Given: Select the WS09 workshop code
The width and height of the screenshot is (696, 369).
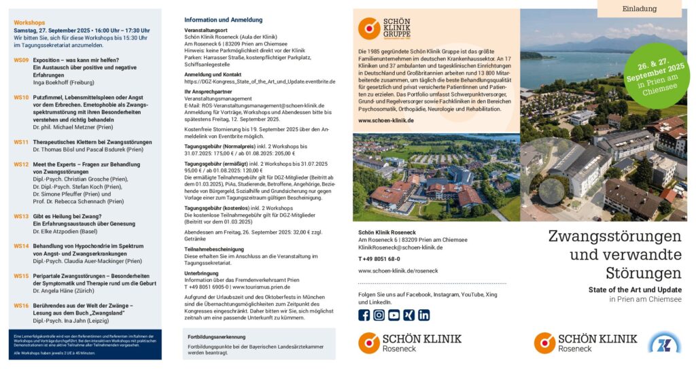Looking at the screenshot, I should (x=21, y=60).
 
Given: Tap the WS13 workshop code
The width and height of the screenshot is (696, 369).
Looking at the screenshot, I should (x=21, y=216).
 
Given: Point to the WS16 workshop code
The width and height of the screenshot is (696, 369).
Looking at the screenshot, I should (x=21, y=306).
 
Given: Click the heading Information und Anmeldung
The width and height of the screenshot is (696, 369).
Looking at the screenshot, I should (x=223, y=20).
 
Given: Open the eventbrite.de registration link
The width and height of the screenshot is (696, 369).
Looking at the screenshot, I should (x=260, y=82).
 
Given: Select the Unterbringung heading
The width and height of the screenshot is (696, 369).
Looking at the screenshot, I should (x=201, y=273).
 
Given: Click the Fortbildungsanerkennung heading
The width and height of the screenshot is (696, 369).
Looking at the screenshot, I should (x=217, y=337).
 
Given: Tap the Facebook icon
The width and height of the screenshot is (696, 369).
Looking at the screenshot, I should (x=364, y=315).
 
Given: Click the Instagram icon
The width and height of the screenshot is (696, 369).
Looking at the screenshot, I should (x=379, y=315).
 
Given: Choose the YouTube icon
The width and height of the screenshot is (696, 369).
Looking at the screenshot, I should (x=394, y=315).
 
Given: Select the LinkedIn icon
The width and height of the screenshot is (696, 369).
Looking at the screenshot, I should (x=424, y=315).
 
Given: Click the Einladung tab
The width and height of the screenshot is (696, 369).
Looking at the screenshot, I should (x=640, y=9).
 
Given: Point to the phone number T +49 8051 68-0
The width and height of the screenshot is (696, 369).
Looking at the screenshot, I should (x=379, y=259).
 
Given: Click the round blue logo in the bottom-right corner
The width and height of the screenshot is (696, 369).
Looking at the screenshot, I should (x=664, y=342).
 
